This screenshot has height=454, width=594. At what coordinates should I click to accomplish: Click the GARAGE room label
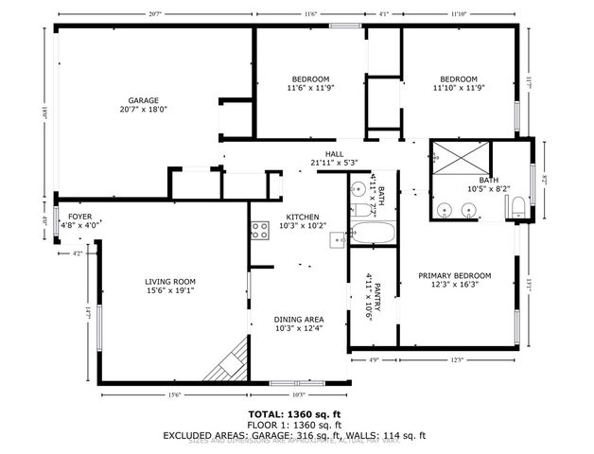tap(144, 100)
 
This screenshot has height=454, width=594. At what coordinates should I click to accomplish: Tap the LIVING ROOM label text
tap(170, 282)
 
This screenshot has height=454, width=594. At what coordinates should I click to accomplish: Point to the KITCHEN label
tap(303, 217)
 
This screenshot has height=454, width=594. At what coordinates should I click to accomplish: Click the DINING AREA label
tap(298, 320)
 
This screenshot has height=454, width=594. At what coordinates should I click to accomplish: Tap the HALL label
tap(334, 153)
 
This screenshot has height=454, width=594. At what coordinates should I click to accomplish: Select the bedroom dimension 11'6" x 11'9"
tap(310, 88)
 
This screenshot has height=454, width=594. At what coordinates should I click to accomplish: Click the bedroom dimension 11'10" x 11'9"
tap(458, 88)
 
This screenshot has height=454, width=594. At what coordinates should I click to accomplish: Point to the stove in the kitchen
tap(259, 228)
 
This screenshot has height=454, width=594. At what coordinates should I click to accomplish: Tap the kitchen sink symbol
tap(338, 240)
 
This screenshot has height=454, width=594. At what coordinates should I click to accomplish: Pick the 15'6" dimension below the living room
tap(174, 394)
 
